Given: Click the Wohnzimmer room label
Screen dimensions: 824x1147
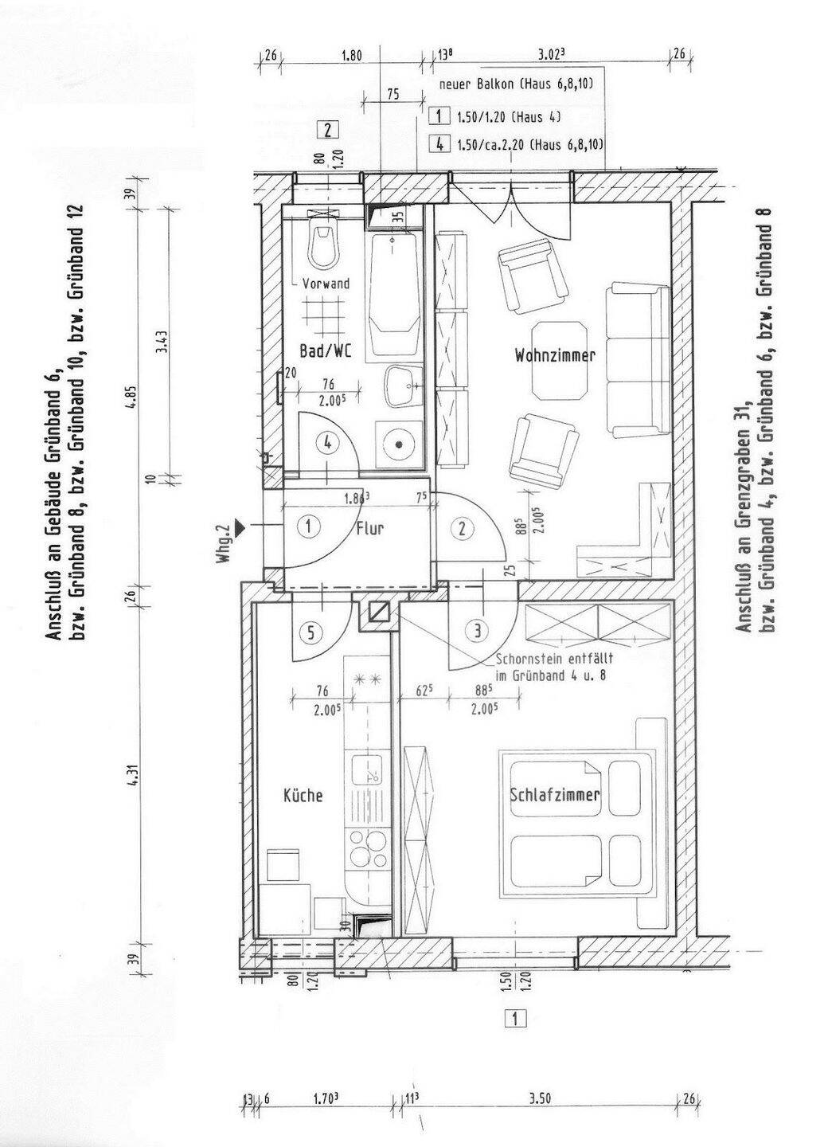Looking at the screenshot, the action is pyautogui.click(x=555, y=355).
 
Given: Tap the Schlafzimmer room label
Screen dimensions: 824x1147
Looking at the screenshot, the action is pyautogui.click(x=555, y=795).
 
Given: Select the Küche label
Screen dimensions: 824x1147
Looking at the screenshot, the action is pyautogui.click(x=303, y=795).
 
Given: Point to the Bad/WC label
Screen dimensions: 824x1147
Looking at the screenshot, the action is pyautogui.click(x=326, y=351).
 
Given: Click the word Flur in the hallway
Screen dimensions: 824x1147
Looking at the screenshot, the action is pyautogui.click(x=369, y=528).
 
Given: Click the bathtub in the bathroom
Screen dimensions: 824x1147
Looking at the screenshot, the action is pyautogui.click(x=393, y=295).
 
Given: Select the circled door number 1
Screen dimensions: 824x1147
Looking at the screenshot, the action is pyautogui.click(x=309, y=527).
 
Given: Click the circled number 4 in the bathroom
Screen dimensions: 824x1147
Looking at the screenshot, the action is pyautogui.click(x=327, y=442).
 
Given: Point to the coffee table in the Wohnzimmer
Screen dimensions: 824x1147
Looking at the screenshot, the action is pyautogui.click(x=560, y=361).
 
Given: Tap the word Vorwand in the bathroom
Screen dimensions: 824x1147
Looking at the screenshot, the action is pyautogui.click(x=326, y=284).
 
